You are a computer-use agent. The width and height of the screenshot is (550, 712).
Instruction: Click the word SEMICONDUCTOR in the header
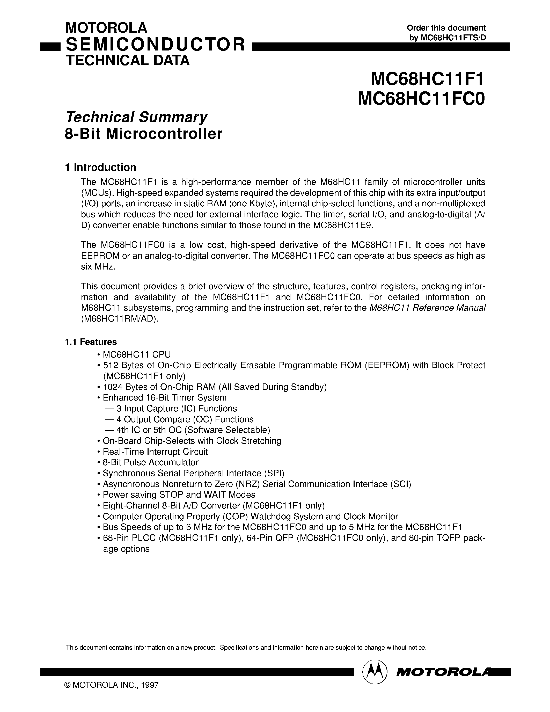[155, 45]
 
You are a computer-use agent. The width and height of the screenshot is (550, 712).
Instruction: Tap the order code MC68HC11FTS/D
[453, 38]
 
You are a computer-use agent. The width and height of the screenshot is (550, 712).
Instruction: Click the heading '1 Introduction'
[101, 167]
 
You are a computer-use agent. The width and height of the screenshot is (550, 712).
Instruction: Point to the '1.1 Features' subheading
[91, 342]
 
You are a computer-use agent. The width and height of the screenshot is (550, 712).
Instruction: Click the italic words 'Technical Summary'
[136, 117]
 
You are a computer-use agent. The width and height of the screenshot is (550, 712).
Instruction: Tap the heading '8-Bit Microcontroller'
[144, 134]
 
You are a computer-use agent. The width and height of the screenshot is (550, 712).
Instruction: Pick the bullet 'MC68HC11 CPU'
[136, 354]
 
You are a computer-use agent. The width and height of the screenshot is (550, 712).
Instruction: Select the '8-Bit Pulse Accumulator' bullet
[150, 462]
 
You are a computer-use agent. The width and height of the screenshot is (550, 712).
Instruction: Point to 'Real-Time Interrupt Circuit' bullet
[155, 452]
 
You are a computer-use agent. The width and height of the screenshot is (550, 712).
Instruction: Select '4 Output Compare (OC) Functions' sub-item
[185, 419]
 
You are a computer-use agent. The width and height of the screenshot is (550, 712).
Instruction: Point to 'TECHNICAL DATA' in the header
[128, 61]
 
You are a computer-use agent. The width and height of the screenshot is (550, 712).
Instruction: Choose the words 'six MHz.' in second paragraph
[98, 266]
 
